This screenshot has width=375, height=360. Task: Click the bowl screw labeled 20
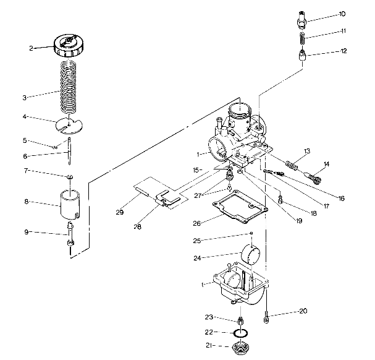pyautogui.click(x=266, y=319)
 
